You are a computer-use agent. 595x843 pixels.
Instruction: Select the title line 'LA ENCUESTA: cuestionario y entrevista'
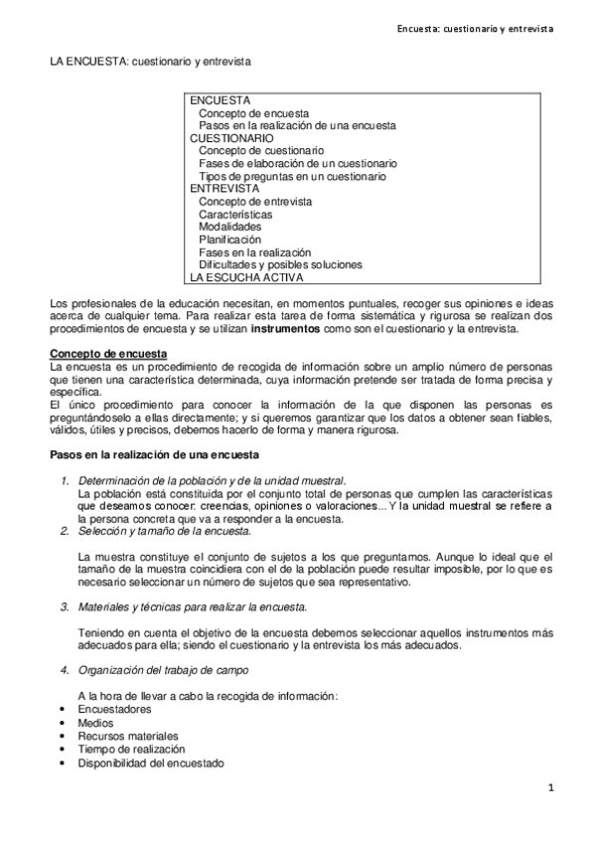click(x=151, y=62)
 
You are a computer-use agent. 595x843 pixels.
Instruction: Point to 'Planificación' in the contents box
click(x=229, y=240)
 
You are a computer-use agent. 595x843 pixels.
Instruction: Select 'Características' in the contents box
click(x=235, y=214)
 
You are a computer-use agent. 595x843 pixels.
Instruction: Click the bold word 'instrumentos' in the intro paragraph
click(x=285, y=328)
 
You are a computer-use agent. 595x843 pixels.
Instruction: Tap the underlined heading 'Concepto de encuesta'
click(x=109, y=355)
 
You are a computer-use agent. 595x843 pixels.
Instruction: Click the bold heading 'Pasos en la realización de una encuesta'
click(x=156, y=455)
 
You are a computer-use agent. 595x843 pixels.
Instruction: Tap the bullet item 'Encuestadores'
click(x=114, y=710)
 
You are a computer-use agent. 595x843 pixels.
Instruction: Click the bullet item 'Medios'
click(x=95, y=723)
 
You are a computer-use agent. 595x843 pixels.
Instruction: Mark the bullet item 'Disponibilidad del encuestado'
click(x=150, y=763)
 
